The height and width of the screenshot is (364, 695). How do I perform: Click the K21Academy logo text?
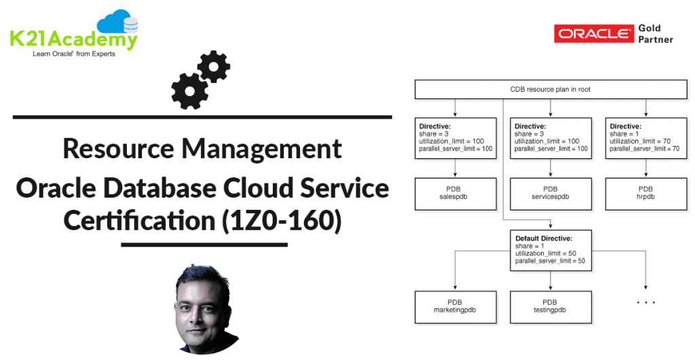pos(73,39)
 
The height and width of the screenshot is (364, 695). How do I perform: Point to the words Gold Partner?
pos(655,34)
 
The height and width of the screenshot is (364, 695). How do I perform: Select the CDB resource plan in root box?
pos(550,90)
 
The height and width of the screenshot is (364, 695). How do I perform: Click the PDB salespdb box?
pos(455,193)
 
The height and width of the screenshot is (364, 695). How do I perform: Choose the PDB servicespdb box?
pos(550,193)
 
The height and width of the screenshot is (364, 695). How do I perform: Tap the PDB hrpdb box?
pos(645,193)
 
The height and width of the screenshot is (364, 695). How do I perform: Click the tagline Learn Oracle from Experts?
pos(74,54)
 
